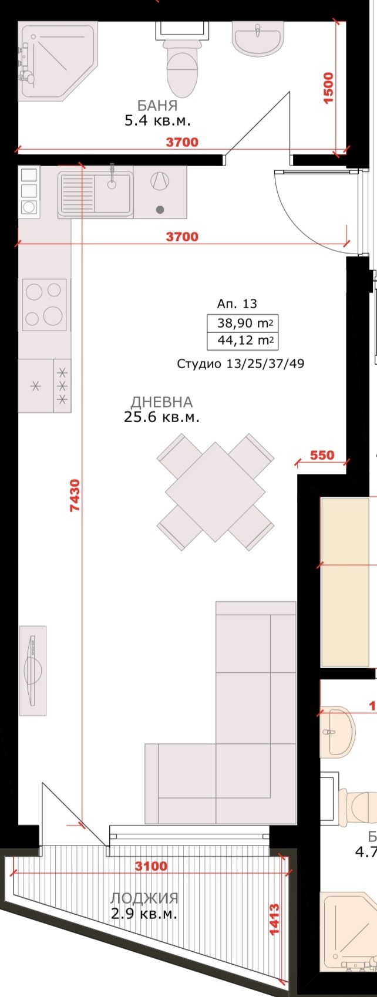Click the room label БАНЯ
coord(157,106)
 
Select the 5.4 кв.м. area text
coord(157,122)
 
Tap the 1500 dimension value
coord(328,88)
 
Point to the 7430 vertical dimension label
coord(74,496)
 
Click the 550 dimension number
coord(321,455)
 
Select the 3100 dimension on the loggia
coord(151,866)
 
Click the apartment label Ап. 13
coord(237,304)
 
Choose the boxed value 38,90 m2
coord(242,323)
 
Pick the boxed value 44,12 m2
coord(242,341)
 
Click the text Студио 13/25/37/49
coord(240,364)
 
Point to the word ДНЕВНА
coord(161,402)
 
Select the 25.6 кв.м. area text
coord(161,417)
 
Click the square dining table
coord(215,491)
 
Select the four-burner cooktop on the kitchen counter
coord(44,304)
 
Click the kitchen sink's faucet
coord(111,176)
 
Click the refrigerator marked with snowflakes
coord(45,385)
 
